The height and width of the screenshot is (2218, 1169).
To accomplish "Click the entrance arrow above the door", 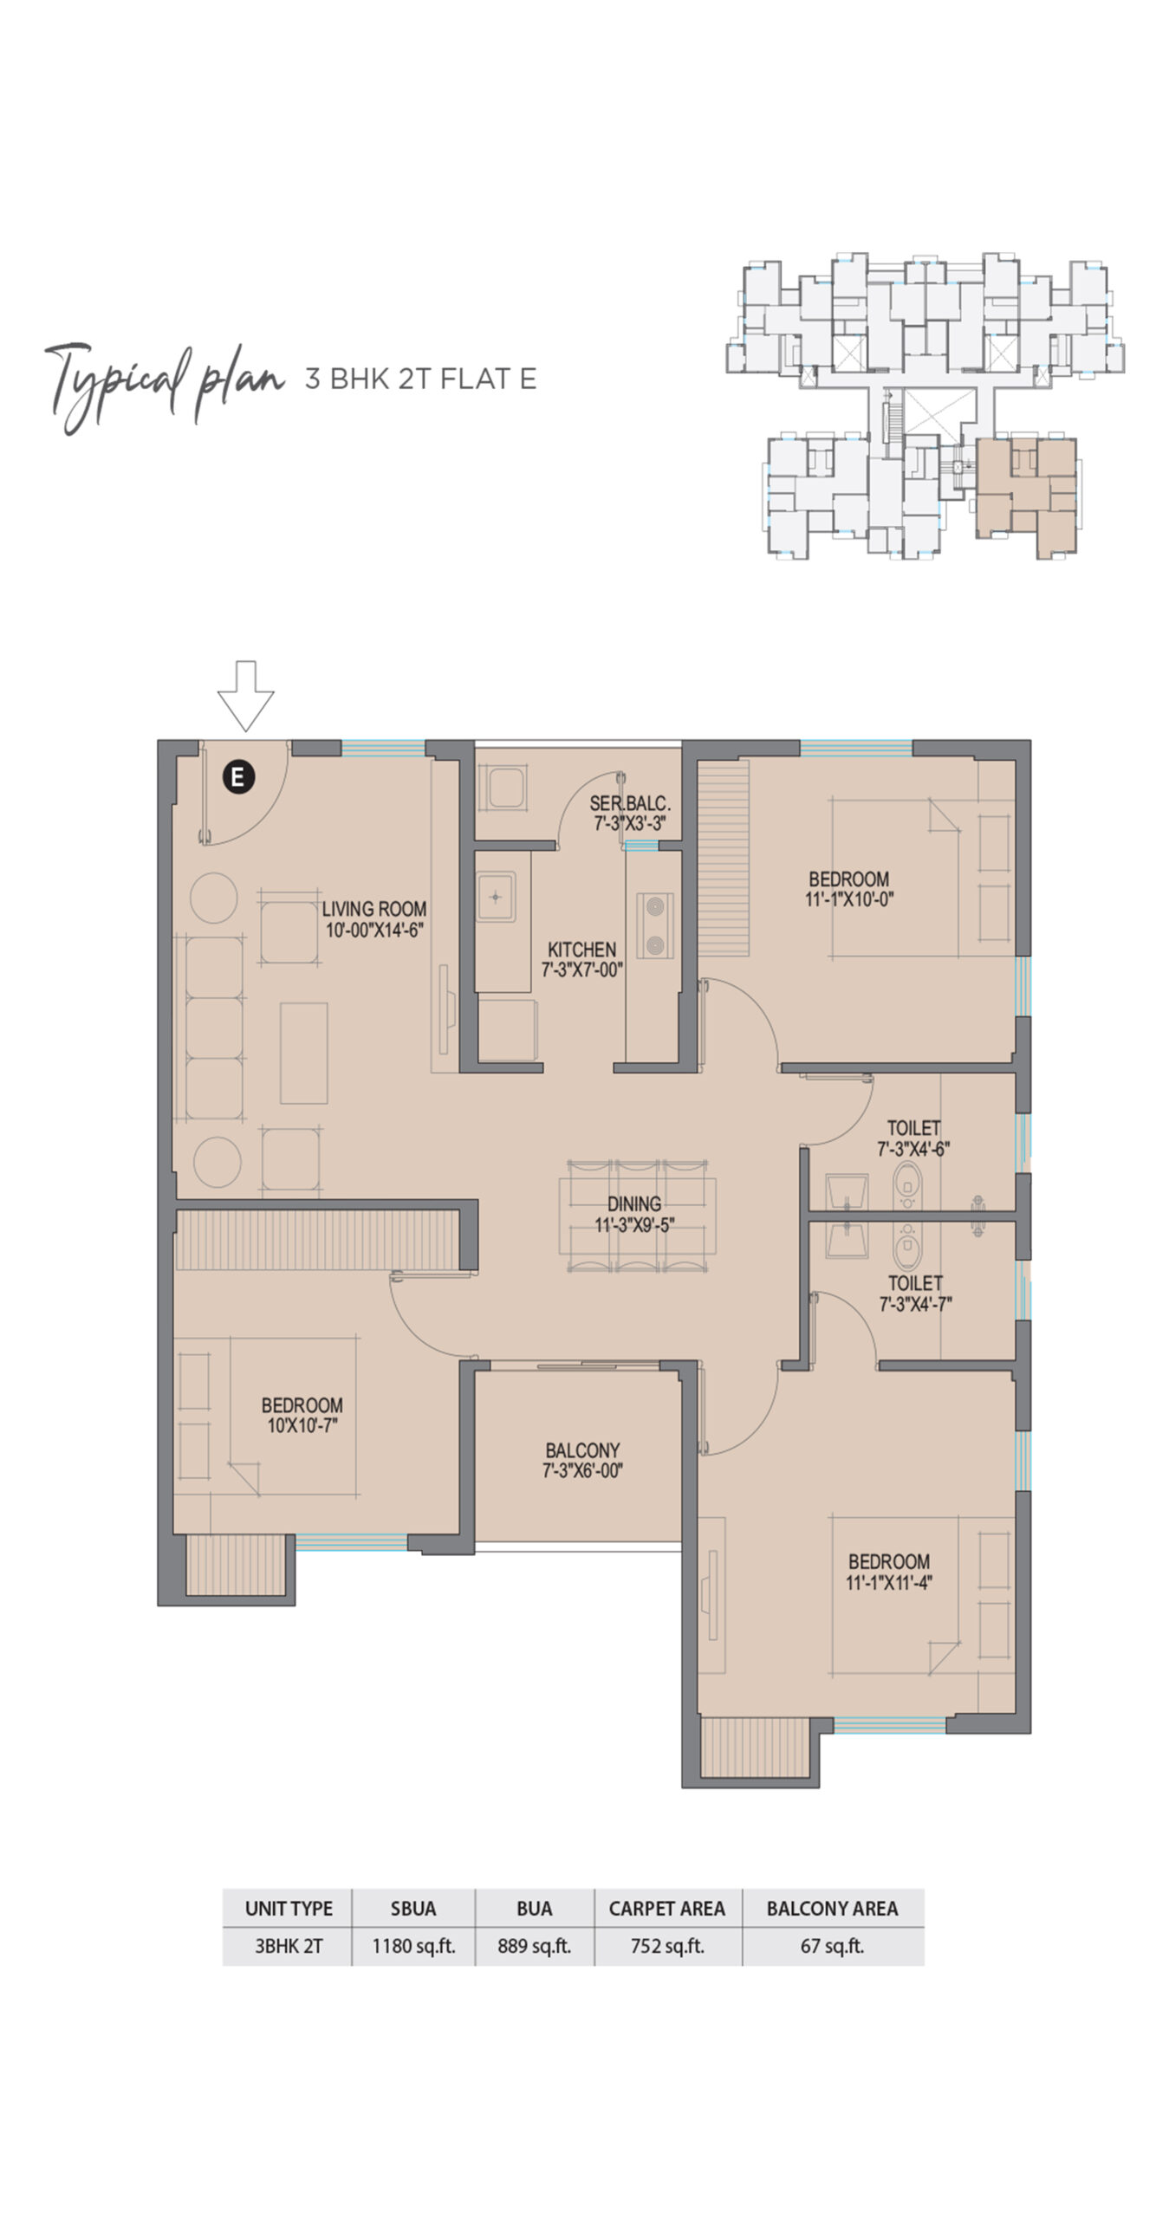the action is pos(245,695).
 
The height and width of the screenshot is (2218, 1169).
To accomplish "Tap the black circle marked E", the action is pos(238,775).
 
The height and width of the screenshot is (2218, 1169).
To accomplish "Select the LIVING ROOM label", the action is pos(374,909).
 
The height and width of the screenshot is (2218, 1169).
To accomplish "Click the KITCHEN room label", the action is pos(582,950).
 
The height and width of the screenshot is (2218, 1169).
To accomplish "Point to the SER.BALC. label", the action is pos(630,803).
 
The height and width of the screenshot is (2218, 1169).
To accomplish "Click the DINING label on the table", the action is pos(634,1203).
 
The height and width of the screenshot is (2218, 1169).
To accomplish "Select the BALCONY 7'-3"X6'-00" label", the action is pos(582,1460).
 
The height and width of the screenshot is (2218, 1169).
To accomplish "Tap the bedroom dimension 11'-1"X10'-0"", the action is pos(849,899).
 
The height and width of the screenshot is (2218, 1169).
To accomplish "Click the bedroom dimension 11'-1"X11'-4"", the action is pos(889,1582).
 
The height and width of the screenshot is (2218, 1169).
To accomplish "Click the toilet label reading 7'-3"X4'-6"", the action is pos(913,1149).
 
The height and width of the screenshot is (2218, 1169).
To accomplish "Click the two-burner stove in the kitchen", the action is pos(655,925).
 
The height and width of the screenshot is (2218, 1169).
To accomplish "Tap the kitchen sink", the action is pos(496,897).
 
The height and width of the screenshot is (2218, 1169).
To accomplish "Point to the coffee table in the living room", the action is pos(304,1053).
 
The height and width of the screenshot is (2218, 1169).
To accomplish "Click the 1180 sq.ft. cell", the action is pos(413,1946).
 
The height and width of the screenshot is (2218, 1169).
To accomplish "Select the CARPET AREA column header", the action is pos(667,1909).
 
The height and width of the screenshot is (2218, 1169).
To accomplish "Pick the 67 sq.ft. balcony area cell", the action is pos(833,1946).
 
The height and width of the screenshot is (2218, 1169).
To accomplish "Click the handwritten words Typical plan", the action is pos(164,384).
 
